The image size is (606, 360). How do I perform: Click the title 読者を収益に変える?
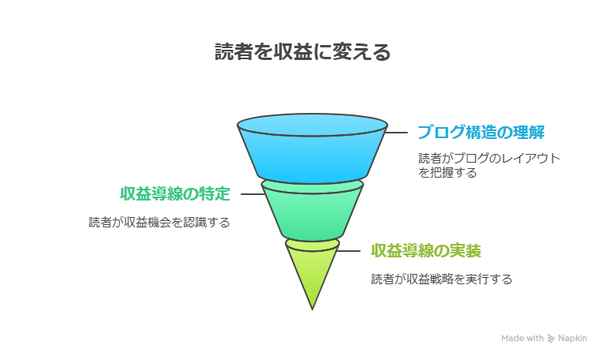(x=303, y=52)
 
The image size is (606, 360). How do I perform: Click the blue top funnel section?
(x=312, y=154)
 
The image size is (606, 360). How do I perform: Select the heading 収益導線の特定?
(x=175, y=193)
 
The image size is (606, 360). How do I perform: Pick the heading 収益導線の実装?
(x=426, y=250)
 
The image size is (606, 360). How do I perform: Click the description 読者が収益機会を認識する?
(x=159, y=223)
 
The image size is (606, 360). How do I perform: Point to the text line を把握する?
(x=447, y=172)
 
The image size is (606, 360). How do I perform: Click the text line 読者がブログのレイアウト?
(x=489, y=158)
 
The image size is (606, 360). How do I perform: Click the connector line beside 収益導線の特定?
(x=251, y=193)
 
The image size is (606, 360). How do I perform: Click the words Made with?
(x=522, y=338)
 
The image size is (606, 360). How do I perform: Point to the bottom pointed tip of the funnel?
(x=312, y=306)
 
